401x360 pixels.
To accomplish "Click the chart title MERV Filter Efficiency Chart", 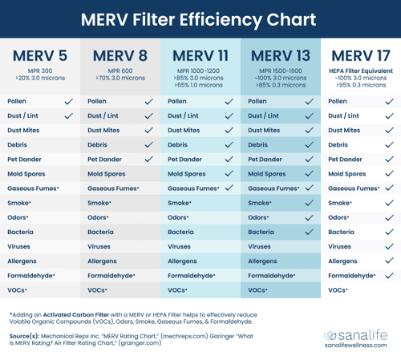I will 200,19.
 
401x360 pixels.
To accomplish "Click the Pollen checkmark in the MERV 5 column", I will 68,102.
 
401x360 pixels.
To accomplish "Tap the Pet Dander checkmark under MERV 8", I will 148,160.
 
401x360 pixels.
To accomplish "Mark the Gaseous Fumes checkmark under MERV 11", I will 229,188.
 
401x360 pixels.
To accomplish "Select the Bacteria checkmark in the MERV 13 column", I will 309,232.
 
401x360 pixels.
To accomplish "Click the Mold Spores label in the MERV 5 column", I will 28,174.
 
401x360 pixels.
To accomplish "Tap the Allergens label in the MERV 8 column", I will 103,261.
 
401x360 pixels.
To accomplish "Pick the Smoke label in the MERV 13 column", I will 260,203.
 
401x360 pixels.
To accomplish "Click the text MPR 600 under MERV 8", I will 120,70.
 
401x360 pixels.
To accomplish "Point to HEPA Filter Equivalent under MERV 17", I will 360,70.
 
